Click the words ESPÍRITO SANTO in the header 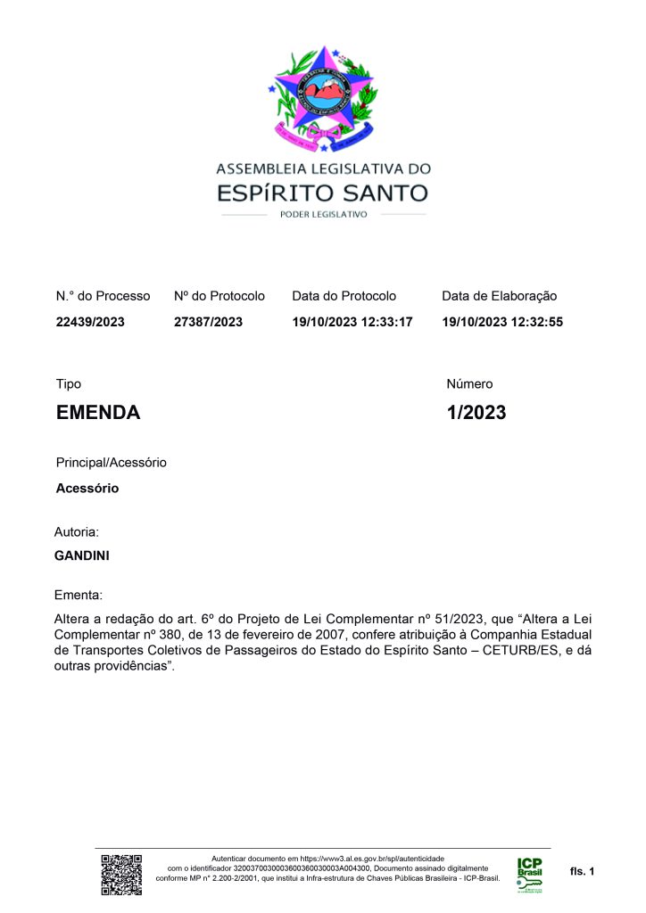(x=323, y=192)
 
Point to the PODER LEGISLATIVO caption (x=323, y=215)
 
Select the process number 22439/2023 (x=90, y=322)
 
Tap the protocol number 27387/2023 (x=208, y=322)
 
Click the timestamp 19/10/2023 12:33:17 (x=352, y=322)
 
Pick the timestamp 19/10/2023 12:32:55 (x=502, y=322)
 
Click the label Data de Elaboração (x=499, y=296)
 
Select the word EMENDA (x=98, y=413)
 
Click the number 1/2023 (x=476, y=413)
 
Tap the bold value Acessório (x=87, y=489)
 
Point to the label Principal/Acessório (x=112, y=463)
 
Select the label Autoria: (x=77, y=531)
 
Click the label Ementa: (x=79, y=594)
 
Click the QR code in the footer (x=121, y=874)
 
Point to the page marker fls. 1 (x=582, y=870)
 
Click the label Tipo (x=69, y=384)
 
